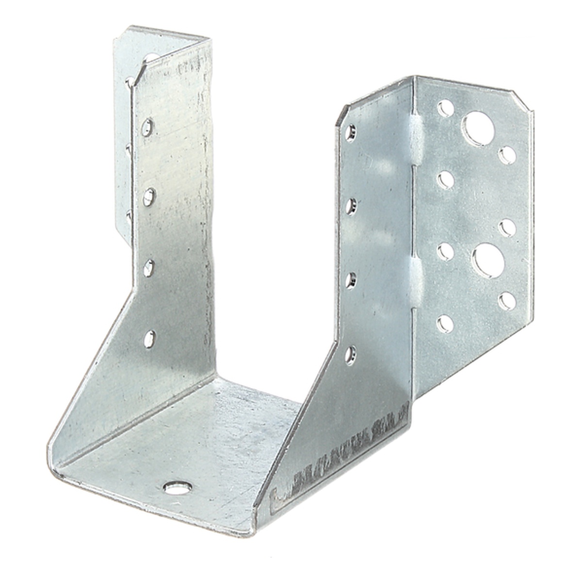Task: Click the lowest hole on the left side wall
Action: tap(149, 338)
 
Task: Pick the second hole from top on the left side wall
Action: tap(149, 196)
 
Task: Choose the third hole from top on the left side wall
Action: tap(148, 266)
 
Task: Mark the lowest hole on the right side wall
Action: tap(350, 354)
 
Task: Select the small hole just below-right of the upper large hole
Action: tap(507, 156)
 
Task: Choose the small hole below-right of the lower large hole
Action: tap(508, 301)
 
